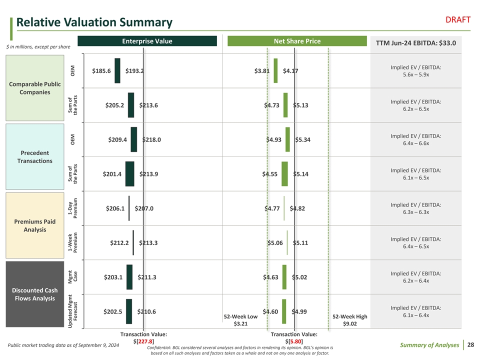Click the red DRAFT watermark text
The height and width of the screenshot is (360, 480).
[x=458, y=19]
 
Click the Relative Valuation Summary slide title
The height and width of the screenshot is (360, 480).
[x=94, y=22]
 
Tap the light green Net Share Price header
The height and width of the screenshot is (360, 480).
[x=297, y=41]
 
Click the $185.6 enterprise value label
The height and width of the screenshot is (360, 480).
[x=101, y=71]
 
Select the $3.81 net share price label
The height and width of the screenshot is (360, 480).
[x=262, y=71]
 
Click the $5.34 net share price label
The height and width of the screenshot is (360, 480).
[x=303, y=139]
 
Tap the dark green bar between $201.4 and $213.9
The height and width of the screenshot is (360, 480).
[x=129, y=173]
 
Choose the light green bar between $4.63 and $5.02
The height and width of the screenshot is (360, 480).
[x=285, y=276]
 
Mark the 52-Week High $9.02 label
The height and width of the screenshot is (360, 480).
[x=349, y=320]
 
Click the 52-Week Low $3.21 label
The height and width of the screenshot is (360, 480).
[x=241, y=320]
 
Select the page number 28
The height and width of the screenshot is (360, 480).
[x=471, y=344]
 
